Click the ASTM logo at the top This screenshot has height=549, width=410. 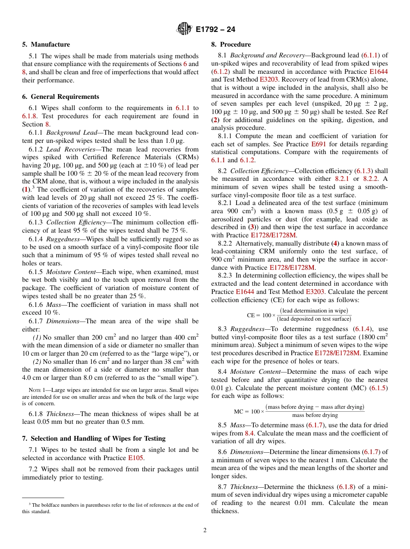pos(184,29)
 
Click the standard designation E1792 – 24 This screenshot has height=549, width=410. pos(215,30)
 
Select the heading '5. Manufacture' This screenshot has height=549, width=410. pos(46,44)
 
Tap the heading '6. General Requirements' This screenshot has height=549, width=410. pos(61,97)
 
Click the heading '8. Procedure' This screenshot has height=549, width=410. pos(230,44)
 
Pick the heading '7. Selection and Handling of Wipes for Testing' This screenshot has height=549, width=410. pos(94,438)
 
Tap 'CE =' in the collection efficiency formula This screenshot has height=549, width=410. pos(254,315)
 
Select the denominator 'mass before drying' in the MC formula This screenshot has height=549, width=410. pos(315,416)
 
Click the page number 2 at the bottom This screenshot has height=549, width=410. pos(205,530)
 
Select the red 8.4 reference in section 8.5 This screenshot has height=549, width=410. pos(249,433)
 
